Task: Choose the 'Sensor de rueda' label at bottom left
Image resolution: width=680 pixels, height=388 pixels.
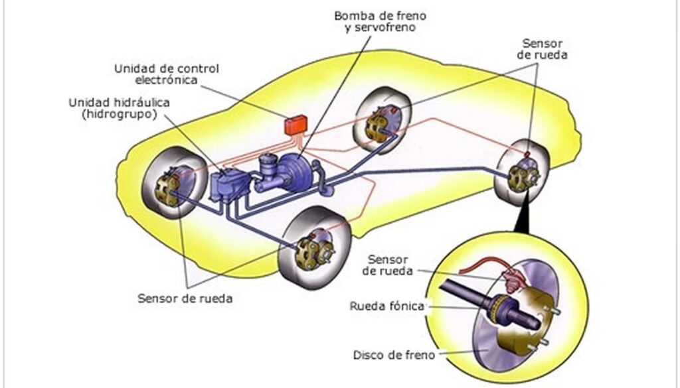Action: point(185,298)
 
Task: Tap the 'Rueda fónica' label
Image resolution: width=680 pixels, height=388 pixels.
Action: point(386,306)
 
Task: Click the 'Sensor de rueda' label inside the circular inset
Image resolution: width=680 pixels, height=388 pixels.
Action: point(388,265)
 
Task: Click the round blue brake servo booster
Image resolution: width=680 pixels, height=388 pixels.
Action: point(301,174)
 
